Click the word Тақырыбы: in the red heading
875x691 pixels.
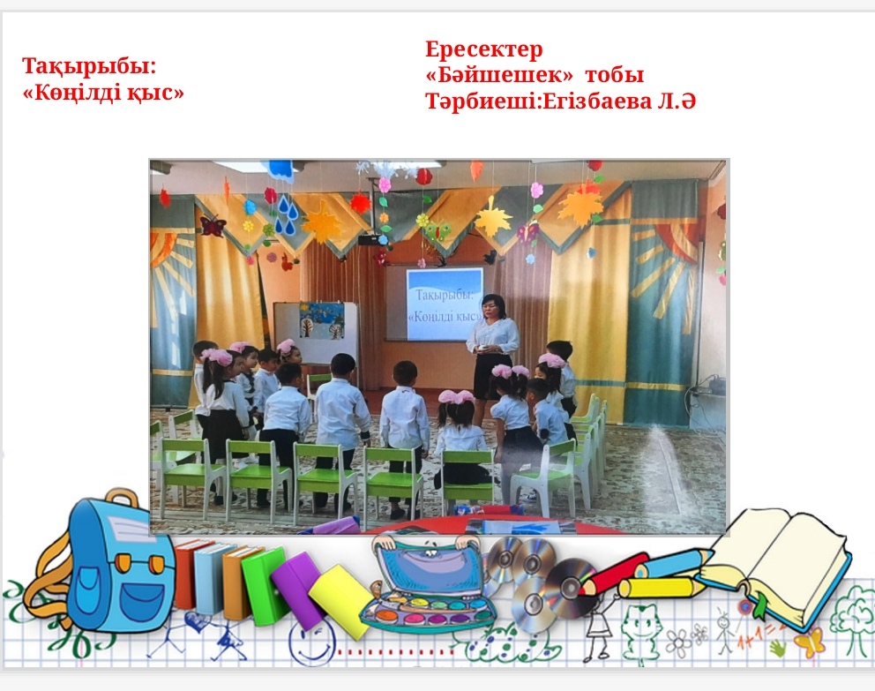89,66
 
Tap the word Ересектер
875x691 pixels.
484,49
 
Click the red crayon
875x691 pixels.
614,574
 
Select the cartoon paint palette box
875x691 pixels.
427,586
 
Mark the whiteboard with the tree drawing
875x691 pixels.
316,333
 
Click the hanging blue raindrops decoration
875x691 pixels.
287,214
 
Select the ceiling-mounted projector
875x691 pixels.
370,238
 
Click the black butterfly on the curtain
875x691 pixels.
213,226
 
